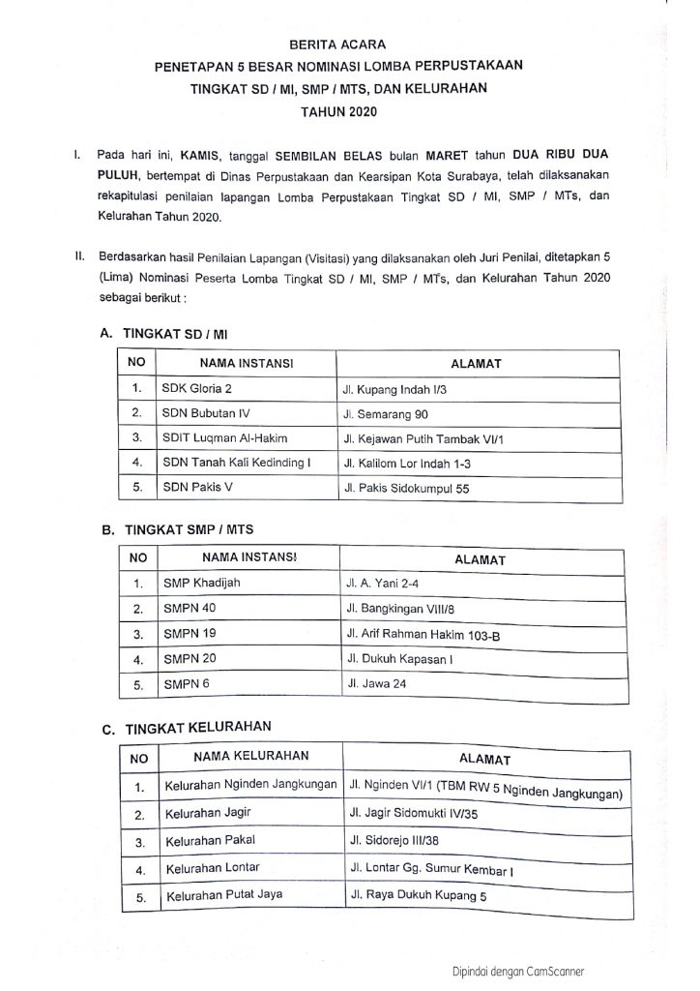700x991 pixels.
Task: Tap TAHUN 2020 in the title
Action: [337, 111]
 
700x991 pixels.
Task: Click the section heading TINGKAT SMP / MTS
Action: [180, 531]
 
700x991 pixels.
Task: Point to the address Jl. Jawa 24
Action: [372, 684]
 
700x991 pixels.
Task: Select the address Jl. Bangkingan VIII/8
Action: [394, 610]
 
